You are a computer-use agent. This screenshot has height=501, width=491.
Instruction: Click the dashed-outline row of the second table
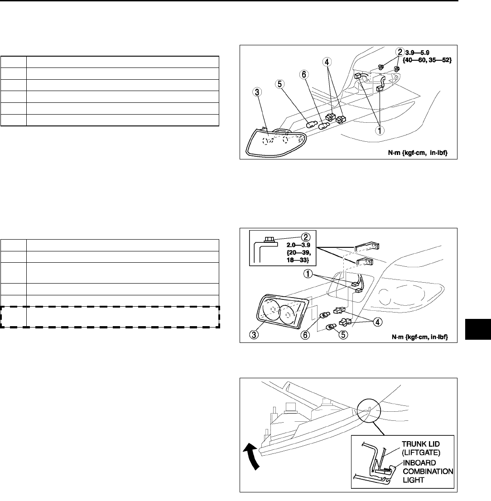(111, 316)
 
